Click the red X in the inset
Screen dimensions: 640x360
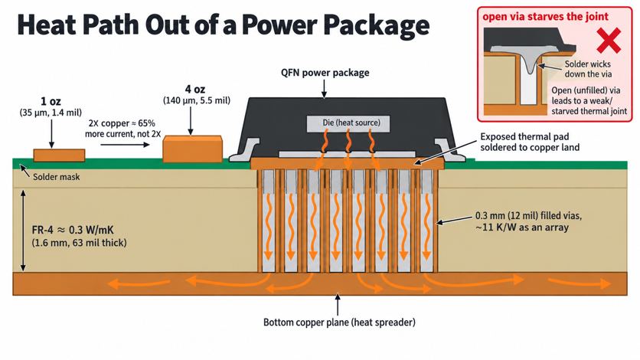point(609,41)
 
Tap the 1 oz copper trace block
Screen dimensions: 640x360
point(59,155)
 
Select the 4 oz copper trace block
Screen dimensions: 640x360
point(193,149)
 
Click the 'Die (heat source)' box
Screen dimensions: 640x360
point(348,123)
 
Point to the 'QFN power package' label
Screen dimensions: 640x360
point(325,73)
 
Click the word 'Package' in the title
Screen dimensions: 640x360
point(377,25)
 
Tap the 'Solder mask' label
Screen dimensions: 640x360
point(57,177)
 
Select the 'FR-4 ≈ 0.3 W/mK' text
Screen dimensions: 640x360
point(73,230)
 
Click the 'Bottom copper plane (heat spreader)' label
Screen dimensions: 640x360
point(339,322)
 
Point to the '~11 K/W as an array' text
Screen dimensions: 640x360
point(522,227)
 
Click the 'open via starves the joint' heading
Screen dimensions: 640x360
point(545,17)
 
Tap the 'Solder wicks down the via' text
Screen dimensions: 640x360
point(588,69)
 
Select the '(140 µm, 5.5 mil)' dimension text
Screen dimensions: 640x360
point(196,100)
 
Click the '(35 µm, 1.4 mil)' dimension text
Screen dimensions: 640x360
point(51,113)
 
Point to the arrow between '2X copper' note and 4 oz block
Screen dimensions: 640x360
point(125,145)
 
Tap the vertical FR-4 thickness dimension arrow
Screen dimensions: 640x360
point(23,231)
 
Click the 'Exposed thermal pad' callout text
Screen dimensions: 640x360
point(530,142)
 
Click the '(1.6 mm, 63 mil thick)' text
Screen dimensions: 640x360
point(79,243)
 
